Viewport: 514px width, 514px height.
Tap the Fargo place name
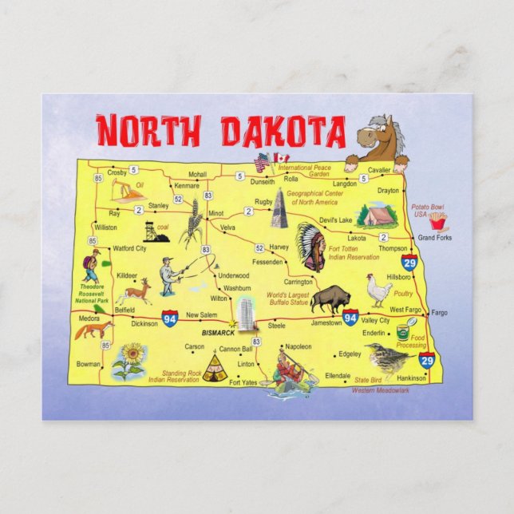(439, 312)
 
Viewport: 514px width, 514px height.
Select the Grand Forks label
(434, 238)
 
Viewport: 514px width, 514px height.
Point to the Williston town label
(105, 227)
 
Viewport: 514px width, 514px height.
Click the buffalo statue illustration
(330, 299)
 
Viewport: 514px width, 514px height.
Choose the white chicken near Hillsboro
(378, 289)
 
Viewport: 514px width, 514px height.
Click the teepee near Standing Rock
(213, 368)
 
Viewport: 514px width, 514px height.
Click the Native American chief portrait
(310, 247)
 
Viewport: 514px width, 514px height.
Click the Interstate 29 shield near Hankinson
(427, 361)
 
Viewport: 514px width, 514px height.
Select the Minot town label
(215, 214)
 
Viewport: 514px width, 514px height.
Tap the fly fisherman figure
(169, 276)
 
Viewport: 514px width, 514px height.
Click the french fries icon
(437, 222)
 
